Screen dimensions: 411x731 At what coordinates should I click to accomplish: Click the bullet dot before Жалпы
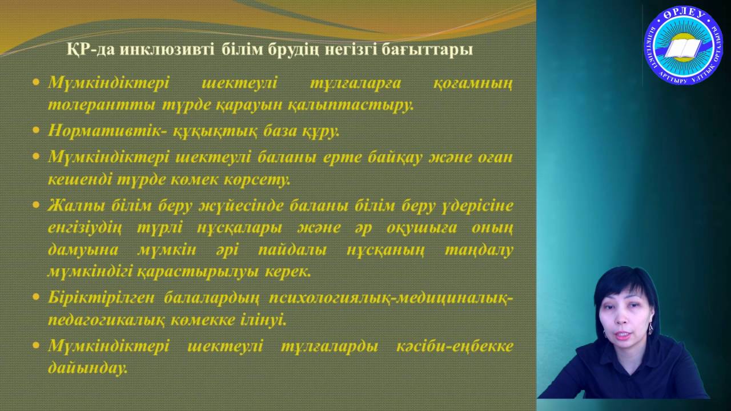coord(37,205)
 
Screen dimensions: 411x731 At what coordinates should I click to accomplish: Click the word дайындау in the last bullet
coord(87,369)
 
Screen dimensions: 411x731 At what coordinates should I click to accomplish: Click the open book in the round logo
coord(682,48)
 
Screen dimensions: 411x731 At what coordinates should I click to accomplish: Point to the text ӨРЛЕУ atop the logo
coord(683,16)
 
